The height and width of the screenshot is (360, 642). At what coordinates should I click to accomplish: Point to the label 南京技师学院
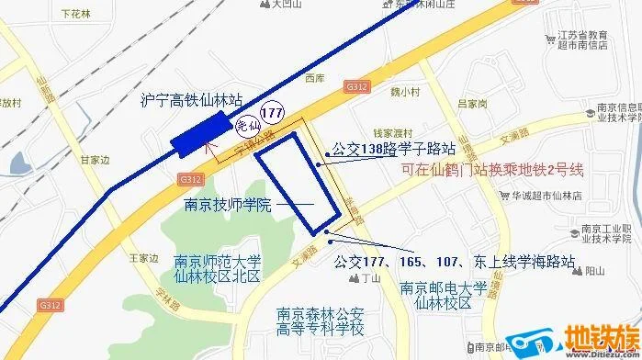228,206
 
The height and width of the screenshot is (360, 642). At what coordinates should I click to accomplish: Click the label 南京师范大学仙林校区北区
218,268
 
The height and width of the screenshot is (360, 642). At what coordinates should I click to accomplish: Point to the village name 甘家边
95,159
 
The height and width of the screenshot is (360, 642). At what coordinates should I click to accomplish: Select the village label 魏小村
404,92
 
